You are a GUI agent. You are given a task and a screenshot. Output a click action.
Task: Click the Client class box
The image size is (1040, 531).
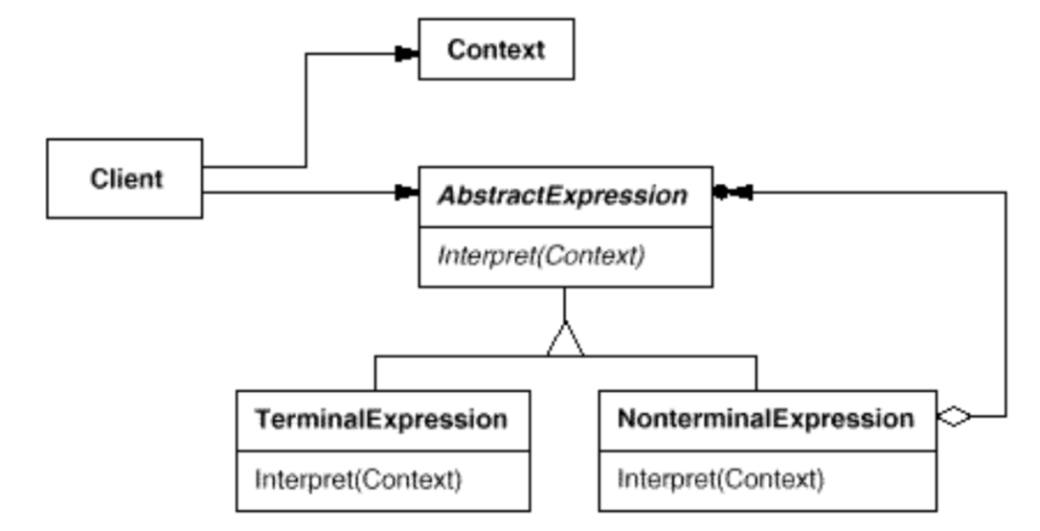pyautogui.click(x=124, y=178)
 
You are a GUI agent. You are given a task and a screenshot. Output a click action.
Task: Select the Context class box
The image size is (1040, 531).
pyautogui.click(x=496, y=49)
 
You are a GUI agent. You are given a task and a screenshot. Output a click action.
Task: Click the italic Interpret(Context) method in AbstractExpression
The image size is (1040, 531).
pyautogui.click(x=541, y=256)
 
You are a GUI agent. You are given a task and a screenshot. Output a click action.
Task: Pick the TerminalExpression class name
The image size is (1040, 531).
pyautogui.click(x=381, y=420)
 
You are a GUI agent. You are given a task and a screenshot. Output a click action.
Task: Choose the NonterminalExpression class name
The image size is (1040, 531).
pyautogui.click(x=765, y=420)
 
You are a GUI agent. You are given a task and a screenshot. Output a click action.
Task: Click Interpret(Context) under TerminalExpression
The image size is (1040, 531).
pyautogui.click(x=357, y=478)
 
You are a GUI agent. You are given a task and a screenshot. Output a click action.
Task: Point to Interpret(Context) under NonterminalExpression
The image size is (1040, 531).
pyautogui.click(x=719, y=478)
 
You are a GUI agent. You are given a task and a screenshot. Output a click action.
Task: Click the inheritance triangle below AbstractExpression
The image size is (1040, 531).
pyautogui.click(x=565, y=340)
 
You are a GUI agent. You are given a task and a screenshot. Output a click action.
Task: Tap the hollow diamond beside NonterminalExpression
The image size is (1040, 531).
pyautogui.click(x=954, y=417)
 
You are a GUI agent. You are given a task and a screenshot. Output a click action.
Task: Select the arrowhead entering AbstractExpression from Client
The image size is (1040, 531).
pyautogui.click(x=407, y=193)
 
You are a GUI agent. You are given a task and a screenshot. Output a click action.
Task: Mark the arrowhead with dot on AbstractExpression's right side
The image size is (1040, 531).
pyautogui.click(x=733, y=193)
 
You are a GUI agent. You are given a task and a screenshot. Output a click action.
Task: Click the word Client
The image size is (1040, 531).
pyautogui.click(x=126, y=178)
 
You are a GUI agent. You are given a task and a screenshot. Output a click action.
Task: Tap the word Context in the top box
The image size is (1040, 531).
pyautogui.click(x=496, y=49)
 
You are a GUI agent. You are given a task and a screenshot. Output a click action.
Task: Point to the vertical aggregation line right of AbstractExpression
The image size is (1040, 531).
pyautogui.click(x=1006, y=307)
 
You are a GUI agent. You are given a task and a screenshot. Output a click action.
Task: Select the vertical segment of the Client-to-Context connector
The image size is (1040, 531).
pyautogui.click(x=305, y=110)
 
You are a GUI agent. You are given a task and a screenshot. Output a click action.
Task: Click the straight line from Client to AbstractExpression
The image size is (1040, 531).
pyautogui.click(x=297, y=193)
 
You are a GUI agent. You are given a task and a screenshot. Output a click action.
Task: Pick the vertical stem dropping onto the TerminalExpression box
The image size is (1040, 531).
pyautogui.click(x=375, y=373)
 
